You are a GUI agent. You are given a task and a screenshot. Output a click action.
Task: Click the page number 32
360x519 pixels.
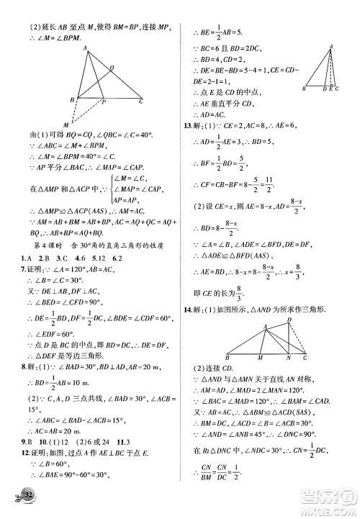point(27,500)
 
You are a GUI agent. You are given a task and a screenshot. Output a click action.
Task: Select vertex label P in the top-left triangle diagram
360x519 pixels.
point(103,103)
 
